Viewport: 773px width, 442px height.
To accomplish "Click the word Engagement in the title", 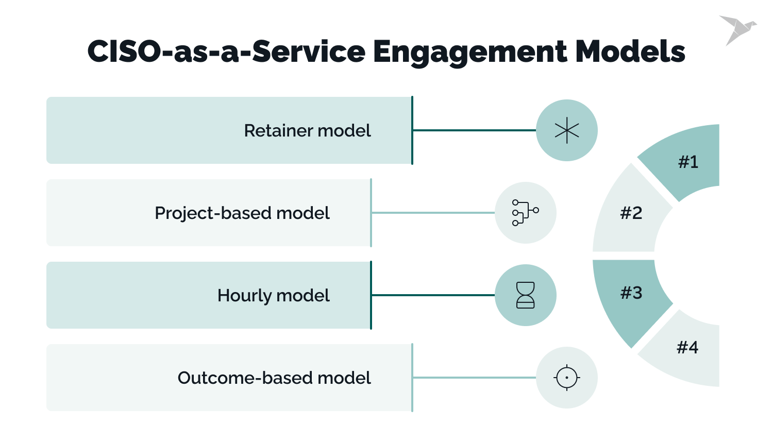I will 469,52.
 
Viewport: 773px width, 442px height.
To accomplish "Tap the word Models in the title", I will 630,52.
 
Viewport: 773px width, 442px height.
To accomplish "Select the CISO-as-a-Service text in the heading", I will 226,52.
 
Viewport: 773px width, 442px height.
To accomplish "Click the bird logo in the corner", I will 737,30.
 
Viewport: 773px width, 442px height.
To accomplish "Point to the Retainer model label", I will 307,131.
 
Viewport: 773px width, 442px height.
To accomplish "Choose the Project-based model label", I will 242,213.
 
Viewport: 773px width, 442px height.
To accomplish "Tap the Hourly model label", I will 273,296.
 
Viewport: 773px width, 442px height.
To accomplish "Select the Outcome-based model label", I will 274,378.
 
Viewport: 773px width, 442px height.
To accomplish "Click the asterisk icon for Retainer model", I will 567,130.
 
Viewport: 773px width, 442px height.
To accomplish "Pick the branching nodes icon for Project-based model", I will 525,213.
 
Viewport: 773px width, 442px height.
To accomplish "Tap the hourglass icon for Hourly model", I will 526,295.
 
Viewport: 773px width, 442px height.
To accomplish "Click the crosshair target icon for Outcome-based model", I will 567,378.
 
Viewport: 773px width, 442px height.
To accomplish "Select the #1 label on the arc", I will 688,162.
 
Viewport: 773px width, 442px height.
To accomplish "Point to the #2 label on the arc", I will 631,213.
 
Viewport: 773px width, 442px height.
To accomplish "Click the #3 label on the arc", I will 631,293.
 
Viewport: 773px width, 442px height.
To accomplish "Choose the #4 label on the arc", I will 687,348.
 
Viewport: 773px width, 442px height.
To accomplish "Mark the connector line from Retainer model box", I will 474,130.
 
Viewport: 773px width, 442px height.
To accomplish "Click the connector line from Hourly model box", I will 433,295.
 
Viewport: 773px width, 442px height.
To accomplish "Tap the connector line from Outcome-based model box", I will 474,378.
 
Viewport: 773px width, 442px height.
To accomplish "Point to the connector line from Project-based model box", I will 433,213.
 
